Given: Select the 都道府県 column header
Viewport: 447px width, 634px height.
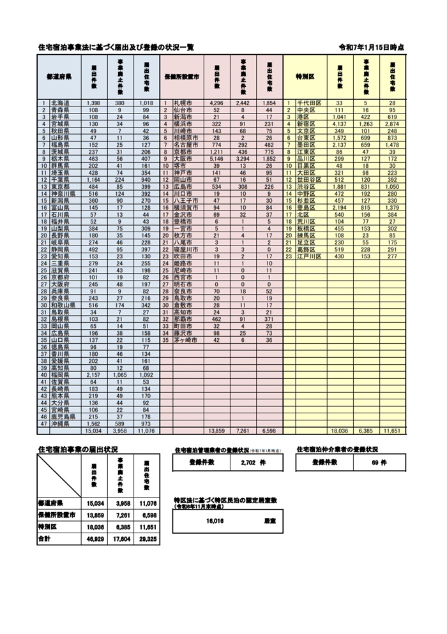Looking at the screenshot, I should tap(59, 76).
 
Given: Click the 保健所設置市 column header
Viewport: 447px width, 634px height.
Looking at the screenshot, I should tap(182, 76).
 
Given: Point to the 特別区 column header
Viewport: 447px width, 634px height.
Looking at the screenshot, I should tap(305, 76).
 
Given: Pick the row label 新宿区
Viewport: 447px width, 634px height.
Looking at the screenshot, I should tap(312, 124).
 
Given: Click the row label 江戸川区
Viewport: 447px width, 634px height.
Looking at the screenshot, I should tap(314, 256).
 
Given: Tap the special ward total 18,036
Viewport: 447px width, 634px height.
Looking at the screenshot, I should tap(339, 431).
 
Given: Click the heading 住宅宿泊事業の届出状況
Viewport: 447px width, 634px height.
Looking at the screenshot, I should tap(77, 450).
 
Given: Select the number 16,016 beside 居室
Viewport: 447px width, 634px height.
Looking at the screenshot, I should tap(215, 521).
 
